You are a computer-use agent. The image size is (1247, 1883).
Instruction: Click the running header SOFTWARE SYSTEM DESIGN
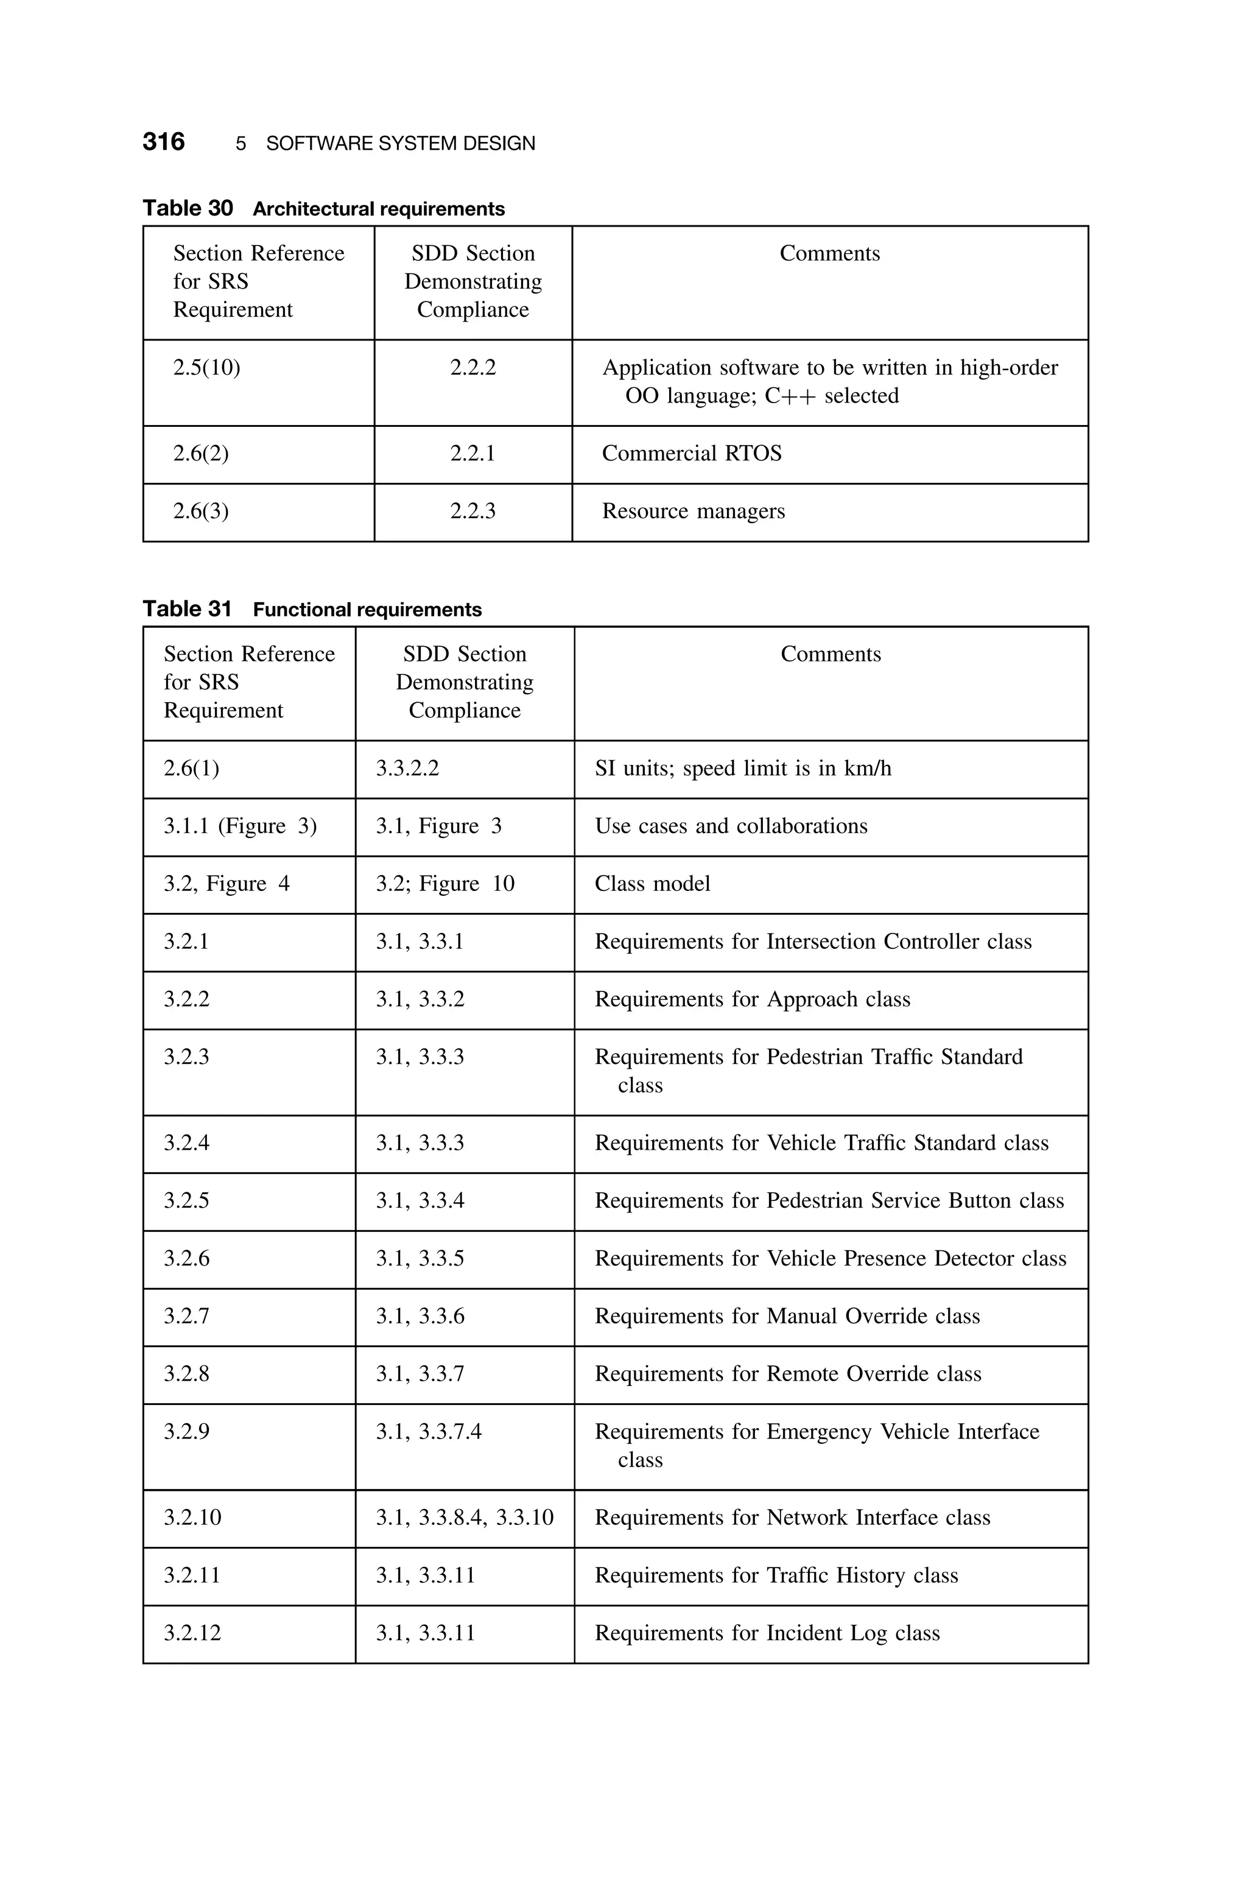coord(400,144)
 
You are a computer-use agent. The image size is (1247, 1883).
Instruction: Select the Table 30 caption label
coord(188,208)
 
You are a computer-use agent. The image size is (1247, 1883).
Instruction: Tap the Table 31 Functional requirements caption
coord(312,609)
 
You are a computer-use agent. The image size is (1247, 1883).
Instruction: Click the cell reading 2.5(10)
coord(207,367)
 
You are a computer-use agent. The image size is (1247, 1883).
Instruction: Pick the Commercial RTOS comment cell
coord(691,453)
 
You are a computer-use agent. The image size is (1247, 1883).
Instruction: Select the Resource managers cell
coord(693,512)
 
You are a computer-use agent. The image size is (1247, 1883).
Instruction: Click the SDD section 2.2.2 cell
coord(472,367)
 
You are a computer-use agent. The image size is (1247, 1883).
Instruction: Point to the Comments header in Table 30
coord(829,254)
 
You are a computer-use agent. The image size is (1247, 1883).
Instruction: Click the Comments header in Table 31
coord(831,655)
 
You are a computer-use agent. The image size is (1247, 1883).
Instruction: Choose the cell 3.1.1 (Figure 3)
coord(240,826)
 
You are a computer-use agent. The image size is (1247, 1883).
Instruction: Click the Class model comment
coord(652,884)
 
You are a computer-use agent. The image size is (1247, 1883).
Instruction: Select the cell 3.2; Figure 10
coord(444,884)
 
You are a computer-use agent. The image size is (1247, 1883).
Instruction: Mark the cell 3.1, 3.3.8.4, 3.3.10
coord(465,1517)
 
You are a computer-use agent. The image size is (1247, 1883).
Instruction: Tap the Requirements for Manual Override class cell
coord(787,1316)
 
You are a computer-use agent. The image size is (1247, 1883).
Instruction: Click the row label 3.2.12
coord(192,1633)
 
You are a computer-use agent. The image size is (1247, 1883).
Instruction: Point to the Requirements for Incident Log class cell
coord(767,1633)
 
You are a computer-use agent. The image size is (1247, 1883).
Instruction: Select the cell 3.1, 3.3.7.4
coord(429,1431)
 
